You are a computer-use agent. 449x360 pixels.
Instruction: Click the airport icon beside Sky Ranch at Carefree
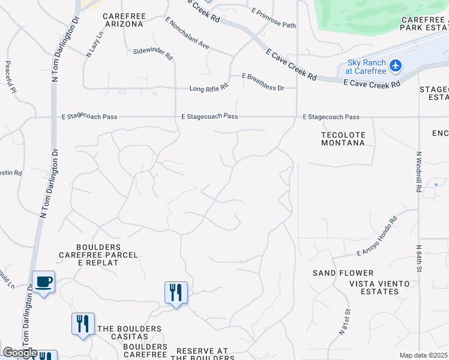[x=396, y=65]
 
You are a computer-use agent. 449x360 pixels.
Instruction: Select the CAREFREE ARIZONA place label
[x=122, y=20]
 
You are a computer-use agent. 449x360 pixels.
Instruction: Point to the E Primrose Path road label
[x=274, y=18]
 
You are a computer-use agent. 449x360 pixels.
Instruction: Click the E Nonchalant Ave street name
[x=187, y=33]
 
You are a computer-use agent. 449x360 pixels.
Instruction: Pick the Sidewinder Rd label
[x=153, y=54]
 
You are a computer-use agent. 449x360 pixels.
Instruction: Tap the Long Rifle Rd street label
[x=209, y=88]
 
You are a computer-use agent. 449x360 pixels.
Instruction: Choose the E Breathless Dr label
[x=263, y=82]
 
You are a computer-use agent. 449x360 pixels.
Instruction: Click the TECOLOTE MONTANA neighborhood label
[x=343, y=139]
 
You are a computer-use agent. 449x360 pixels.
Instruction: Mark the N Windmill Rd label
[x=418, y=171]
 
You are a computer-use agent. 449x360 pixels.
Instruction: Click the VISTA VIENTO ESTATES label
[x=376, y=287]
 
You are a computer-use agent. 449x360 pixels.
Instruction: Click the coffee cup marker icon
[x=44, y=281]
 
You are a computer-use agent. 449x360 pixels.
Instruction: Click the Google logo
[x=20, y=353]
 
